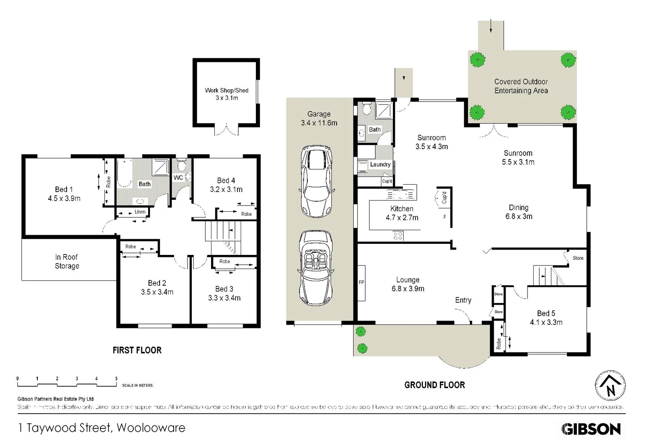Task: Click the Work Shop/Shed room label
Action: [227, 94]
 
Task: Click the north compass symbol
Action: [610, 386]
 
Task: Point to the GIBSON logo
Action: [591, 429]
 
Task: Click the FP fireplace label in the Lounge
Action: [361, 282]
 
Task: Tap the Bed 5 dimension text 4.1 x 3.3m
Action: [546, 322]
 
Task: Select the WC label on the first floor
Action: [178, 178]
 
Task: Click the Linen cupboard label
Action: [140, 212]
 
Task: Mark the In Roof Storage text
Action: [67, 261]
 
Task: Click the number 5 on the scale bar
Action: [116, 379]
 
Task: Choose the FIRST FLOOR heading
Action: [137, 350]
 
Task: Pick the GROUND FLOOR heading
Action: [434, 385]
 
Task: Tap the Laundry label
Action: [380, 164]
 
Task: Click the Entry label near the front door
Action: [463, 300]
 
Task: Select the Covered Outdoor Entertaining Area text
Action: [521, 86]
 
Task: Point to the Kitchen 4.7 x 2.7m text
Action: [402, 213]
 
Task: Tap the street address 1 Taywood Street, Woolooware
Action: [102, 428]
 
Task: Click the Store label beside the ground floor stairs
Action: [578, 258]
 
